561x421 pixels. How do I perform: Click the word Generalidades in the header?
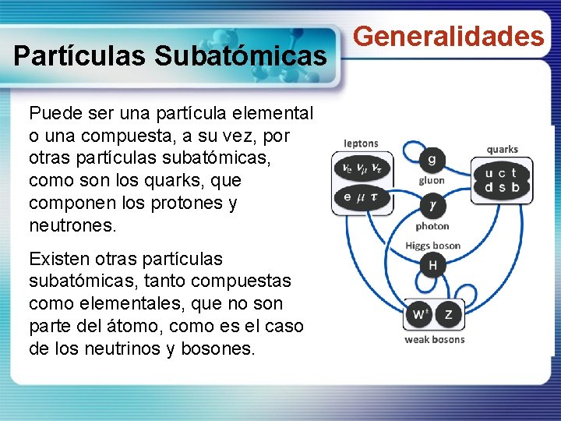449,36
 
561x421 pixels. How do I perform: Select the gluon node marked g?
432,160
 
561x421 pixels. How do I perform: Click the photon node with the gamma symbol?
432,206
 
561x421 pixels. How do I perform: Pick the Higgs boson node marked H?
432,266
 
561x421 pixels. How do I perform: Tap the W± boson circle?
419,315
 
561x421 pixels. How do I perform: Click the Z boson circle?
448,315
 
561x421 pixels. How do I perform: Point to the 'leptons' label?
361,143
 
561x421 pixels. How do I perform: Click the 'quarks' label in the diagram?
502,149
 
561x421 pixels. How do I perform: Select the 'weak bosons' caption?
434,339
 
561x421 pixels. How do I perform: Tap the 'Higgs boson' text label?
432,246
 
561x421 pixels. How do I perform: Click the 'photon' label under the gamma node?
432,226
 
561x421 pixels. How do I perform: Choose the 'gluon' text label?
432,180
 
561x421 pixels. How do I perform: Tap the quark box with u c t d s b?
501,180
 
